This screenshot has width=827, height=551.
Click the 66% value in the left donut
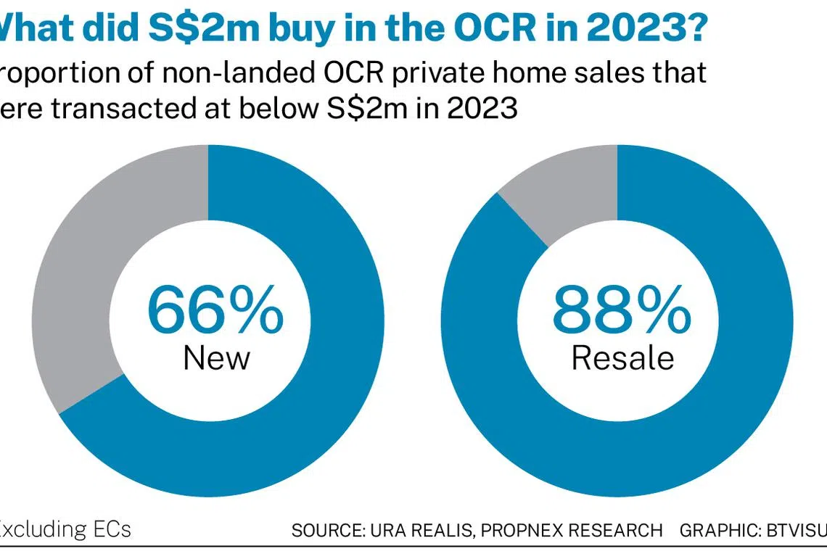[215, 310]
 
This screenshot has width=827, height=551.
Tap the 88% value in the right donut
[622, 310]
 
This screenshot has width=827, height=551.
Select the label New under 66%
[216, 357]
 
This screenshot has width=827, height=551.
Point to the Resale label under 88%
[622, 357]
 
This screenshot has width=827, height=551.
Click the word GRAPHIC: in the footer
[714, 530]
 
